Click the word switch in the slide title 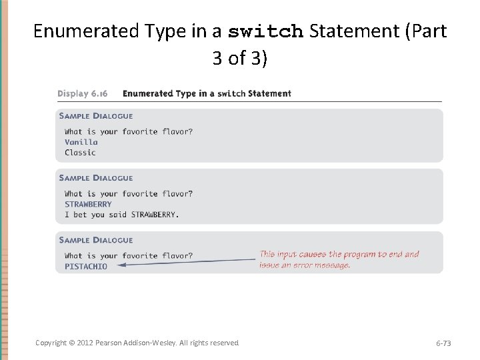click(266, 31)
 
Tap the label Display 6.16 click(83, 93)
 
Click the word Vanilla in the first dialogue click(81, 142)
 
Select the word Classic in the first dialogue click(80, 153)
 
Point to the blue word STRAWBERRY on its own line click(88, 204)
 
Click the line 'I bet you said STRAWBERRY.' click(122, 215)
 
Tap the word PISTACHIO click(85, 266)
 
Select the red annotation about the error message click(339, 259)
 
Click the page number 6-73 click(443, 343)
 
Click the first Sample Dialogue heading click(95, 116)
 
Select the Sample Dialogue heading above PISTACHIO click(95, 240)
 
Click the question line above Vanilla click(129, 131)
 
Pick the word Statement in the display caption click(269, 93)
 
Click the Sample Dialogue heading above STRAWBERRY click(95, 178)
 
